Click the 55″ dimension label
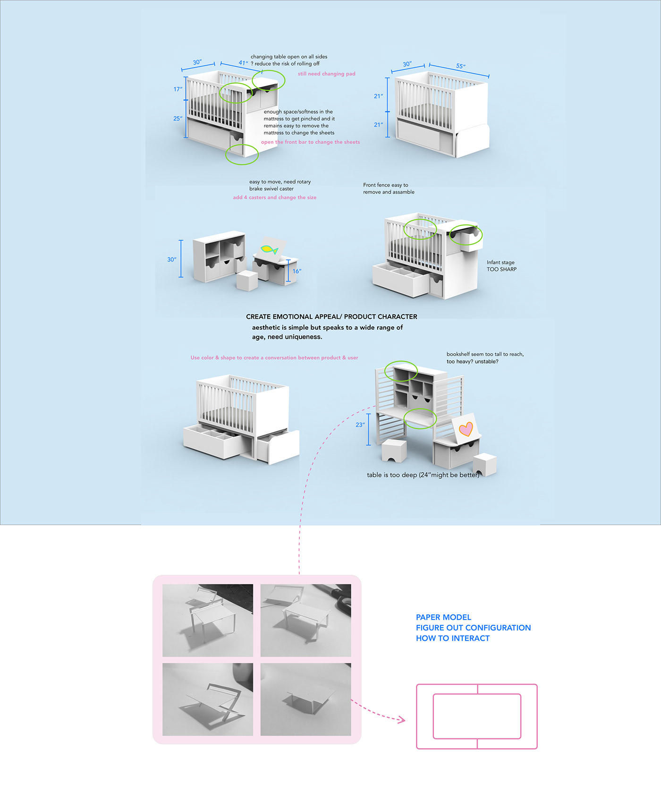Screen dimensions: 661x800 [x=460, y=66]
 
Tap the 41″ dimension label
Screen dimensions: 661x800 [x=243, y=63]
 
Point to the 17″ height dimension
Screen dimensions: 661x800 [x=178, y=89]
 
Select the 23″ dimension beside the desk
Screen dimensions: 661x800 [x=360, y=425]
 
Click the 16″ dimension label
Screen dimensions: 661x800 [x=297, y=271]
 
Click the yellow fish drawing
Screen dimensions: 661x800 [x=270, y=249]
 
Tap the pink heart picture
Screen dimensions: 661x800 [x=466, y=429]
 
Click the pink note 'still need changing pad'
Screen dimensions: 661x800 [x=326, y=74]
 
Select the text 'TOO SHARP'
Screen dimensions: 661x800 [x=501, y=269]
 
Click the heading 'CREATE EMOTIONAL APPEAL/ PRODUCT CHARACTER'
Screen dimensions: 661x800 [x=331, y=316]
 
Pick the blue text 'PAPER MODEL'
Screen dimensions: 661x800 [x=443, y=617]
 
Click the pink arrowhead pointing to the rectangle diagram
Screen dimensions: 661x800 [x=402, y=720]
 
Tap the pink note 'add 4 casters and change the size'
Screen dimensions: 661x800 [x=274, y=197]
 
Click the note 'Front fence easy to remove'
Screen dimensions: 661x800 [x=389, y=188]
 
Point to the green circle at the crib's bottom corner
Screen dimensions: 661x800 [x=242, y=154]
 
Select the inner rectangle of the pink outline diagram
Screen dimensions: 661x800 [x=477, y=716]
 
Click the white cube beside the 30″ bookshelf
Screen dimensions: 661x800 [x=247, y=281]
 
